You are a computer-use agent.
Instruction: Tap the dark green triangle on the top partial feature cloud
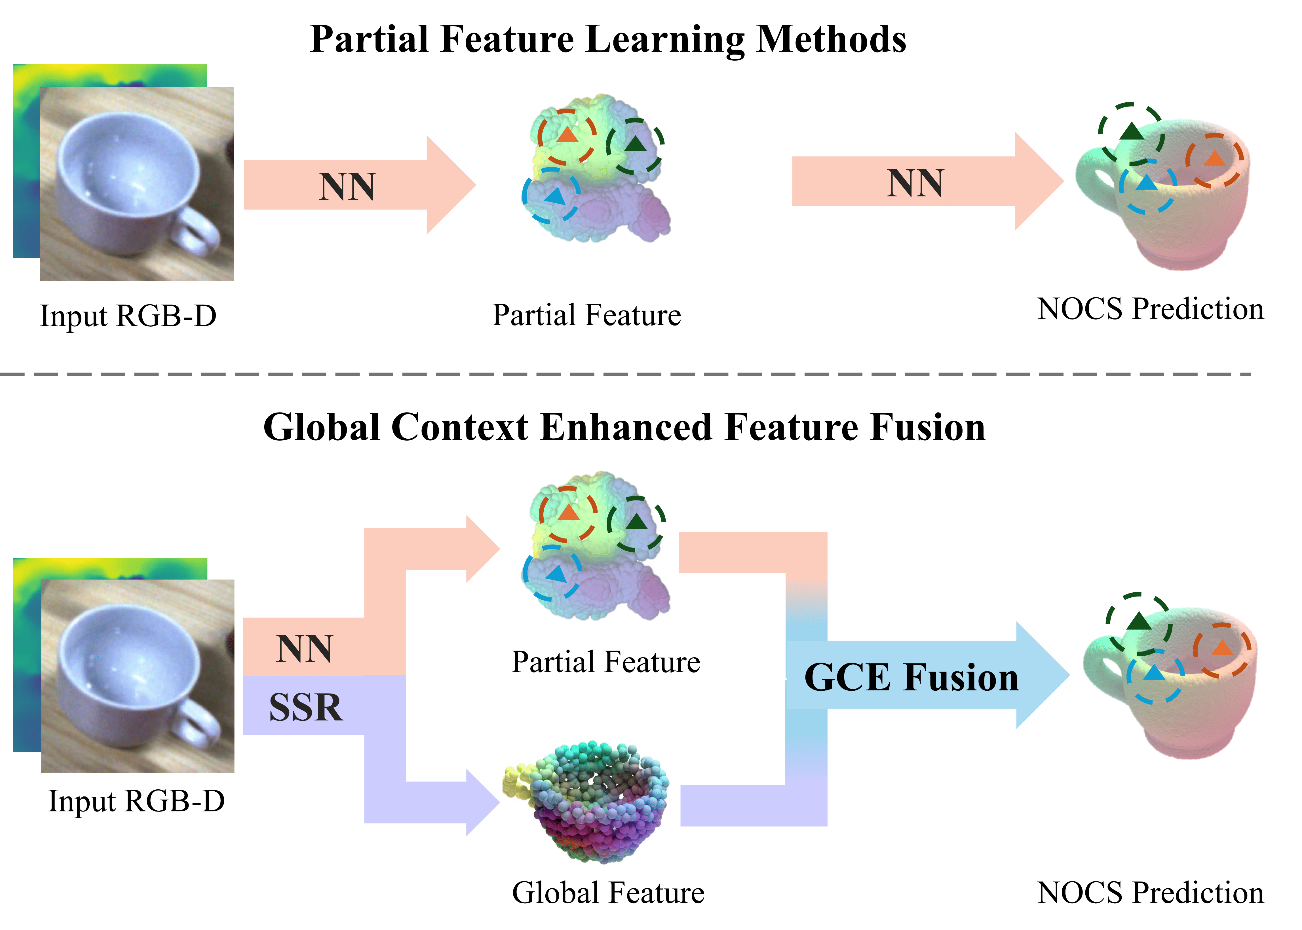(x=635, y=143)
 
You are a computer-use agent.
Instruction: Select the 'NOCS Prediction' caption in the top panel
(x=1150, y=309)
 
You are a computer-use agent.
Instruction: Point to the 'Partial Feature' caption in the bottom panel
(x=605, y=662)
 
